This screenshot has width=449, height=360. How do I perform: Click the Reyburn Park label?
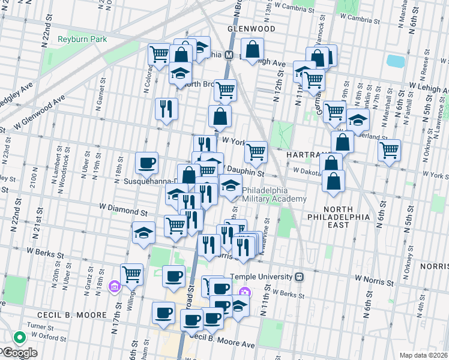coord(82,40)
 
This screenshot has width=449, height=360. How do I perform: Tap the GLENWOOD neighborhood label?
coord(251,29)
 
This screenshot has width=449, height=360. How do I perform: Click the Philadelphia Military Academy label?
coord(274,194)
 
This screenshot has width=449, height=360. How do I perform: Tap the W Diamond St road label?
coord(123,212)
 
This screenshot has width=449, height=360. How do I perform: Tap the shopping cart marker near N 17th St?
coord(131,274)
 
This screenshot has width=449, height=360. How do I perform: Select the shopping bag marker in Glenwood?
coord(253,49)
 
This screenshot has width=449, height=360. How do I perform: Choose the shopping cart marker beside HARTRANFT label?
coord(256,151)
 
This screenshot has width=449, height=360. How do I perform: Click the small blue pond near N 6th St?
coord(396,61)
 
